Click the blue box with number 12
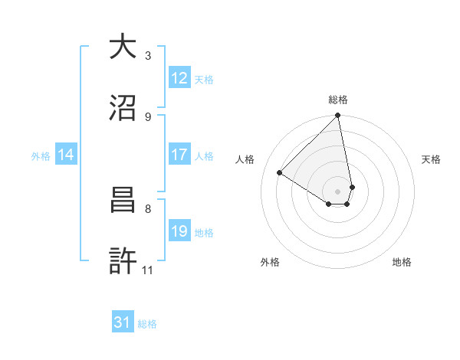(x=179, y=78)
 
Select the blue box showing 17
(x=179, y=155)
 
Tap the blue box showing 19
(x=179, y=231)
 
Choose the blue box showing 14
(x=66, y=155)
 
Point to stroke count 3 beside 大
(x=147, y=55)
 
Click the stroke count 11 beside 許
(x=148, y=269)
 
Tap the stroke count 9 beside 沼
(x=147, y=116)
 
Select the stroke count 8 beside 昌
(x=147, y=208)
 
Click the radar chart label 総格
(x=338, y=100)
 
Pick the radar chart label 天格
(x=432, y=159)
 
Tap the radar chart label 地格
(x=402, y=262)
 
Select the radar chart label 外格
(x=270, y=262)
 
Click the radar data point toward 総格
(x=337, y=116)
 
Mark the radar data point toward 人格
(x=280, y=173)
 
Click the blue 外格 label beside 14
(x=41, y=155)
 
